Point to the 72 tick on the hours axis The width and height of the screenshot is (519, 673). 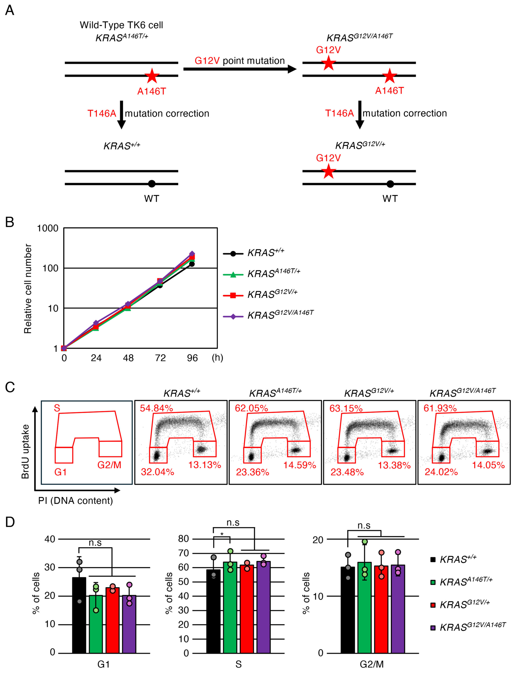point(160,358)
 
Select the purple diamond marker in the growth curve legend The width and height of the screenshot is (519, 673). point(233,316)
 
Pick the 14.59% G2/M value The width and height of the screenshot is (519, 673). point(300,465)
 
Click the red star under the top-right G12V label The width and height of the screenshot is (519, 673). point(328,64)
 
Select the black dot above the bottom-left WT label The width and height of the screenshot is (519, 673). point(151,184)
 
